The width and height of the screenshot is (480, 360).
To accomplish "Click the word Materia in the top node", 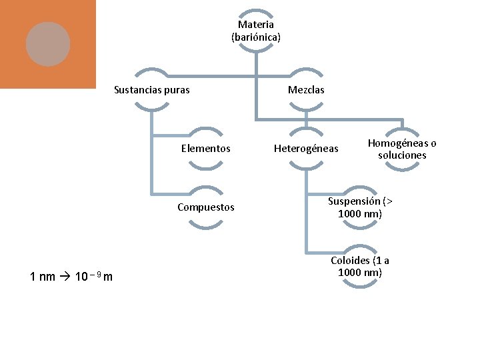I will pos(256,25).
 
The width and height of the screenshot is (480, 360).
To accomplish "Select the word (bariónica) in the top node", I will pos(256,37).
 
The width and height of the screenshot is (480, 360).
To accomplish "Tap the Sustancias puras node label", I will pos(152,90).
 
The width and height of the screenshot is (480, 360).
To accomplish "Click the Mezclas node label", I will pos(306,90).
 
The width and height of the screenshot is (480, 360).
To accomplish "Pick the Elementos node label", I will pos(205,149).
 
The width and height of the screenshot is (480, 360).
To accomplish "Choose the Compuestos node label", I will pos(205,207).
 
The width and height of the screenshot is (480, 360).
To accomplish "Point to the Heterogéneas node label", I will pos(306,149).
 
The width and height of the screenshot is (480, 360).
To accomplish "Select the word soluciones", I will pos(402,155).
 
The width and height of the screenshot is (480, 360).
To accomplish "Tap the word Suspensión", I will pos(355,201).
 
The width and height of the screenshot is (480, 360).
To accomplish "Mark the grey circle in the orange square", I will pos(48,44).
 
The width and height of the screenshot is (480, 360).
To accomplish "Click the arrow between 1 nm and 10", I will pos(65,277).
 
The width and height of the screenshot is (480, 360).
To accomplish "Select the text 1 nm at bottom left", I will pos(43,277).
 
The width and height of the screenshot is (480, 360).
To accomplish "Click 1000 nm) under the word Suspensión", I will pos(360,214).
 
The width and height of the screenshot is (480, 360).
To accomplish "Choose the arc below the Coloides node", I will pos(360,285).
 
